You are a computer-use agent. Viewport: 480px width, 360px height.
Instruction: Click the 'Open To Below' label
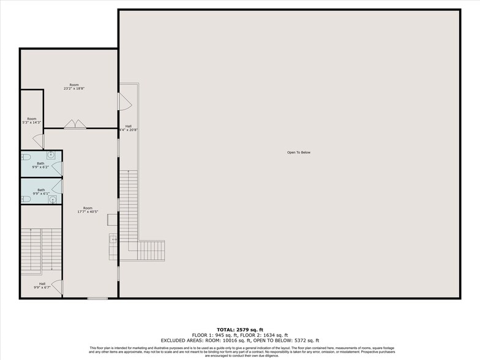(299, 152)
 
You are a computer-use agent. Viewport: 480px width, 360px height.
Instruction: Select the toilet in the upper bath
(26, 157)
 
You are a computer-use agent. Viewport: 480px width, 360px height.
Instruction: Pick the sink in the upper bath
(52, 156)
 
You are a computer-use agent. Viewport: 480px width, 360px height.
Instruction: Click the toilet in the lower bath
(26, 199)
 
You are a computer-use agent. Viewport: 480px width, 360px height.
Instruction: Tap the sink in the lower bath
(53, 199)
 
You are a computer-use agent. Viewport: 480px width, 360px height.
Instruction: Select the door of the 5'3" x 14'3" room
(39, 141)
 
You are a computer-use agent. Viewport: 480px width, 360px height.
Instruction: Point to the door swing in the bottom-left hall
(56, 287)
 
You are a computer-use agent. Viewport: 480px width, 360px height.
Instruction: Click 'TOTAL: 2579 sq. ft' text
(239, 329)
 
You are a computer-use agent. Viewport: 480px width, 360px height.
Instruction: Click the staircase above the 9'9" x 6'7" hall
(42, 251)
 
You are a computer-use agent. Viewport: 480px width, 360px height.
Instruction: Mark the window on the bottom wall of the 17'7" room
(97, 298)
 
